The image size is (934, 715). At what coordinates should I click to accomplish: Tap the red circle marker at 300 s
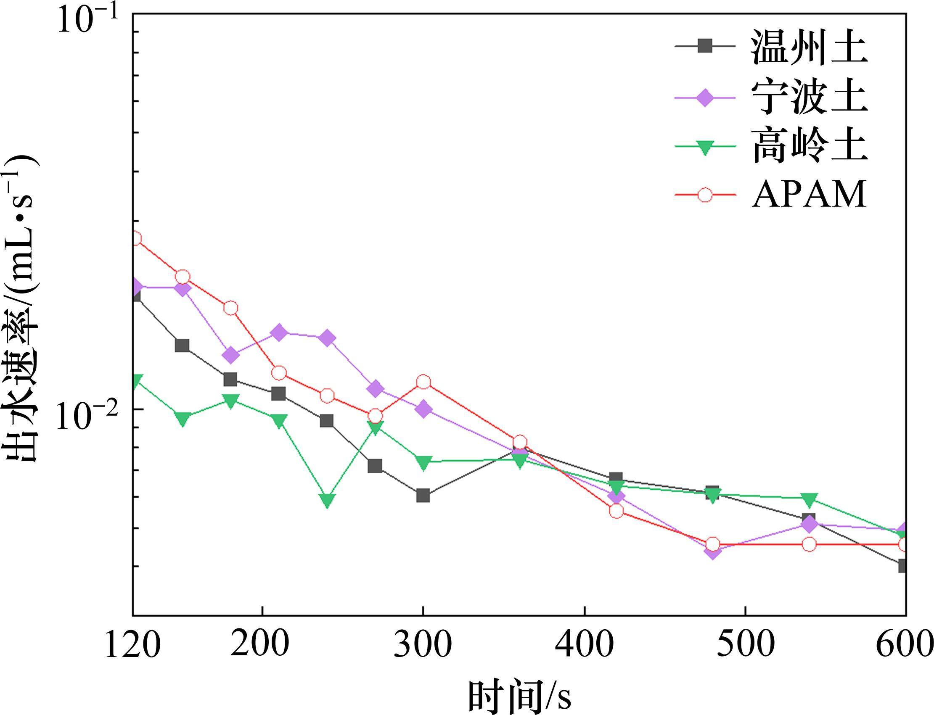423,382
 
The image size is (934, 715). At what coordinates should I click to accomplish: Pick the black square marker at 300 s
423,496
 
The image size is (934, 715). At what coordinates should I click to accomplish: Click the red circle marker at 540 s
809,544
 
